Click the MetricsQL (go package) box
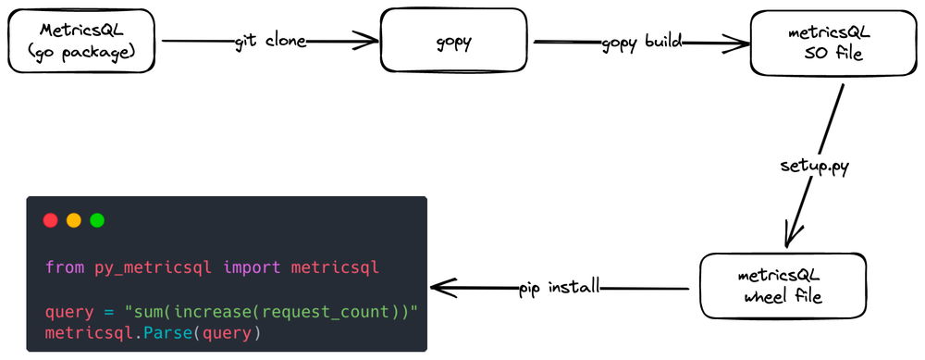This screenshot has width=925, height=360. tap(82, 42)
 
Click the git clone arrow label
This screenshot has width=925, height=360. tap(270, 41)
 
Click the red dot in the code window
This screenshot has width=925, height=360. tap(50, 220)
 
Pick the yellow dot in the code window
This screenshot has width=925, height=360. tap(73, 220)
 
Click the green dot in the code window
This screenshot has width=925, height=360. tap(96, 220)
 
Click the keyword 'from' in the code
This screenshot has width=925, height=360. tap(65, 267)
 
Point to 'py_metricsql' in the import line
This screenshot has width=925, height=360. tap(154, 267)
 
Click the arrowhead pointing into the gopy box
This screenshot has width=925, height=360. tap(369, 41)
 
